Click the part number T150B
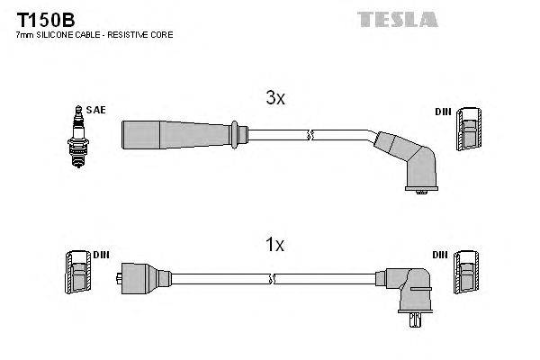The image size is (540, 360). click(39, 18)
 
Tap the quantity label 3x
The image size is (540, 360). click(275, 100)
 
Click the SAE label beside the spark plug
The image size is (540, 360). click(97, 110)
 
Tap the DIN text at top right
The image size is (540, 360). click(442, 112)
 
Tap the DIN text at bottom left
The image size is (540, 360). click(101, 255)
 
